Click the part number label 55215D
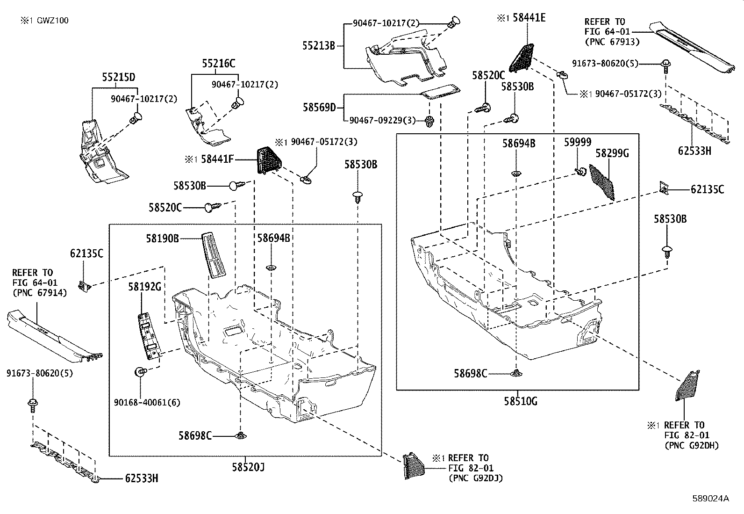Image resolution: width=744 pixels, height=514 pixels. coord(119,77)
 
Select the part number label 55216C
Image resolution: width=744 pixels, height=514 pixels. coord(219,64)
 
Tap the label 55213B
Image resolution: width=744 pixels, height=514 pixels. coord(319,46)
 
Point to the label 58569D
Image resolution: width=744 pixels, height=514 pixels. coord(319,107)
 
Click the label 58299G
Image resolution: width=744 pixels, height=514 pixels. coord(612,153)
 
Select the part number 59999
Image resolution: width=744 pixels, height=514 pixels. coord(577,142)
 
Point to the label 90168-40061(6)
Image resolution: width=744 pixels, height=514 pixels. coord(147,402)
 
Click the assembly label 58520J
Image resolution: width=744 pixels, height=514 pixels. coord(248,467)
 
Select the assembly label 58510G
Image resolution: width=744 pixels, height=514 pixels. coord(521,401)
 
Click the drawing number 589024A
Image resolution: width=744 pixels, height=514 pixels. coord(710,499)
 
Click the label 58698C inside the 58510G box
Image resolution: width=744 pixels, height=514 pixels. coord(471,373)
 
